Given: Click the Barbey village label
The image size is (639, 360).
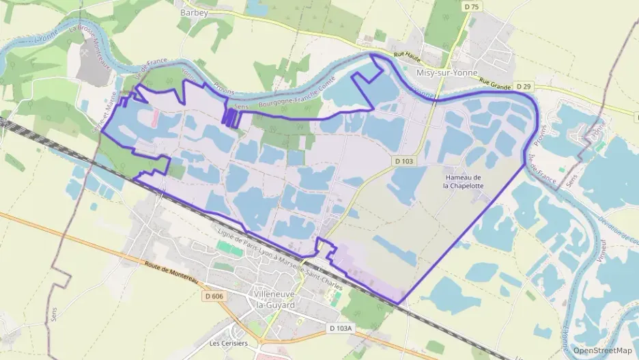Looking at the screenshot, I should coord(194,12).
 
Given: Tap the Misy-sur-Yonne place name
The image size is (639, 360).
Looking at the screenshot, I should coord(448,72).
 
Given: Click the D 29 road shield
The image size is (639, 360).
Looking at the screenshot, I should coord(524,87).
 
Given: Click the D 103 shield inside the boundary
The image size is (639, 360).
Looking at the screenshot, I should coord(406,161).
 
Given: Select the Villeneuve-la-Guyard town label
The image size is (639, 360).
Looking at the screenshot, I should coord(274,299).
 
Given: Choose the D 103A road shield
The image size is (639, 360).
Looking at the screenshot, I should coord(341,329).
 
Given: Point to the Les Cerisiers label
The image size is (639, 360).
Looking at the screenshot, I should coord(228,343).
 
